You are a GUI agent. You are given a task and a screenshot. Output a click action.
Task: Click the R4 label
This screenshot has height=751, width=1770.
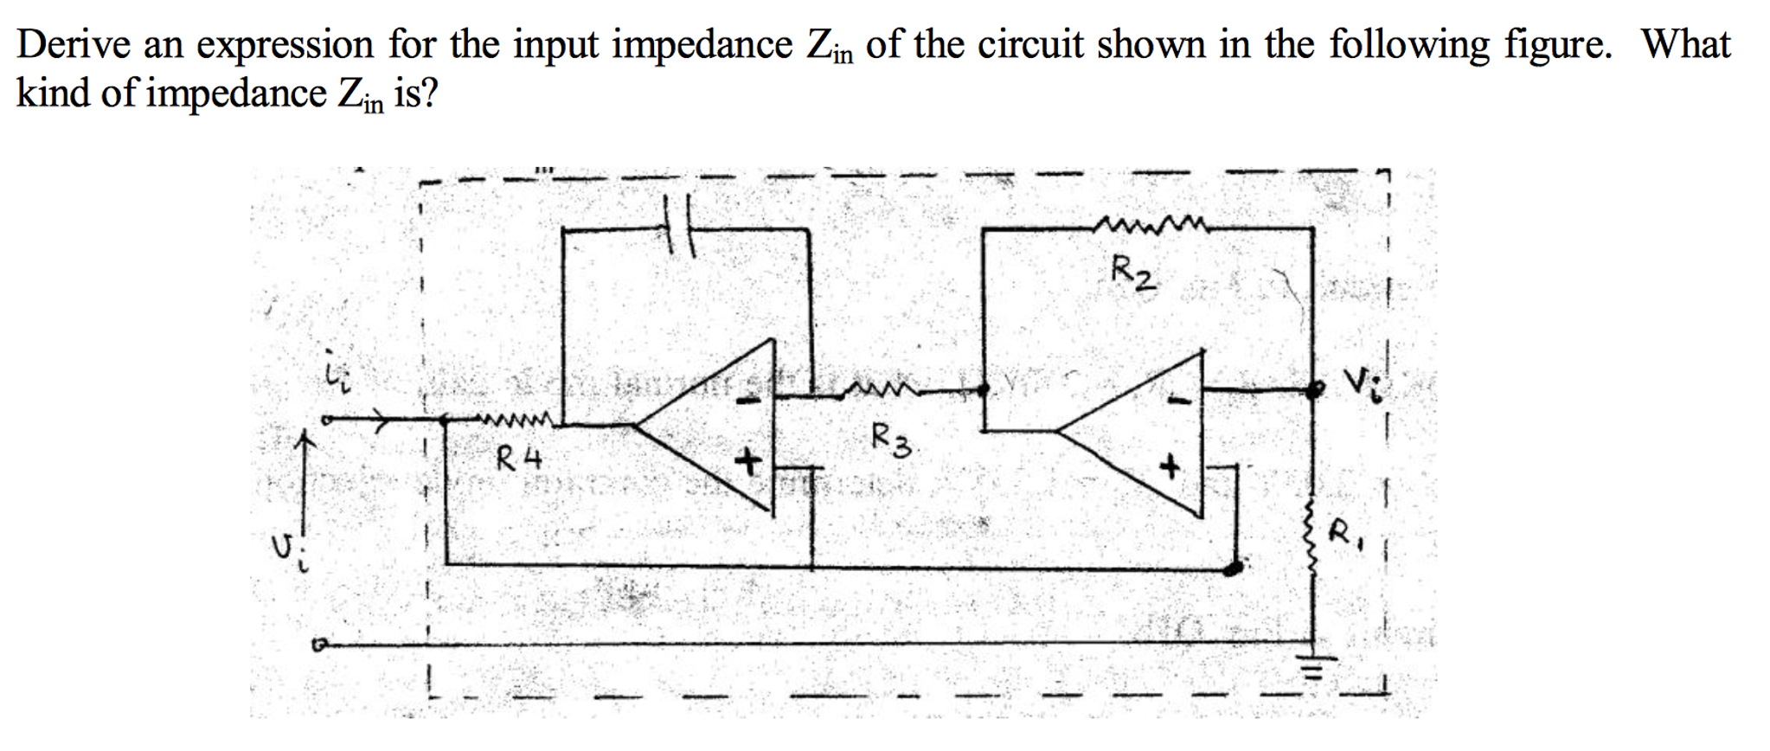(519, 459)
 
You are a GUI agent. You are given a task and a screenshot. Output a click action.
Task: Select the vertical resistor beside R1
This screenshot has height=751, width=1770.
(1313, 534)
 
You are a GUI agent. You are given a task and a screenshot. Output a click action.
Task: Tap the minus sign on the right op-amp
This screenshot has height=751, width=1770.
(1174, 400)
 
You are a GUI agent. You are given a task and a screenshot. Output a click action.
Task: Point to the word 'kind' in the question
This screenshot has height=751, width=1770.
(53, 93)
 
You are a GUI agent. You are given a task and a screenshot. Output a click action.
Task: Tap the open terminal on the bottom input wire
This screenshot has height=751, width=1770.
(320, 645)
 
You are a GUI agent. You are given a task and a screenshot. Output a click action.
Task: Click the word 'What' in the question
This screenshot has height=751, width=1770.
(1686, 43)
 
